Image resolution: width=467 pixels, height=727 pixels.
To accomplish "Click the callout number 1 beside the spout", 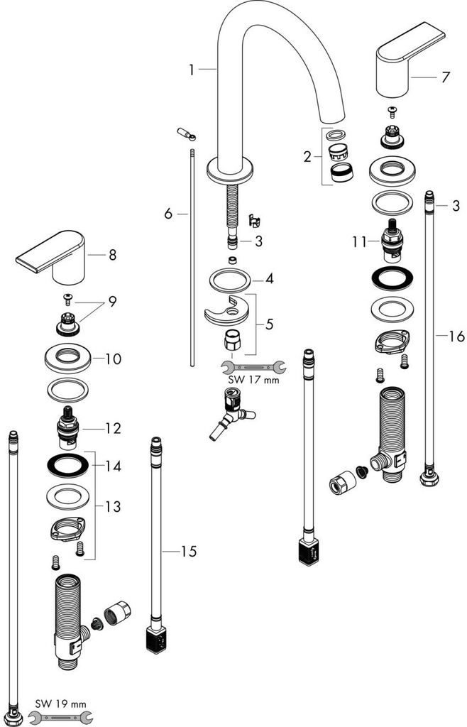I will pyautogui.click(x=191, y=70).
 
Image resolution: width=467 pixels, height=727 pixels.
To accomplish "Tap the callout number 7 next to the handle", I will pyautogui.click(x=445, y=77).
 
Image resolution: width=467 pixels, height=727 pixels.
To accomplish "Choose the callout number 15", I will pyautogui.click(x=188, y=551).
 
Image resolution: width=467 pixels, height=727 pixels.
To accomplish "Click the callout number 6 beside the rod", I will pyautogui.click(x=168, y=213).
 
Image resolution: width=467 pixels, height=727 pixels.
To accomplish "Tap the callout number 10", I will pyautogui.click(x=113, y=359).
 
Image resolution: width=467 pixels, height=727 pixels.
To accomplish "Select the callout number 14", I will pyautogui.click(x=113, y=466).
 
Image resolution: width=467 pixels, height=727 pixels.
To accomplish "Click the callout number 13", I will pyautogui.click(x=113, y=507).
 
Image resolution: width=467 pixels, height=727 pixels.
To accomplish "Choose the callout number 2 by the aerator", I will pyautogui.click(x=307, y=157).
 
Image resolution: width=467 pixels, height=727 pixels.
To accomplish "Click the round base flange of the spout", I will pyautogui.click(x=231, y=170).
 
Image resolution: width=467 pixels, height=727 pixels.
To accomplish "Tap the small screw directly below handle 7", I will pyautogui.click(x=392, y=110).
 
